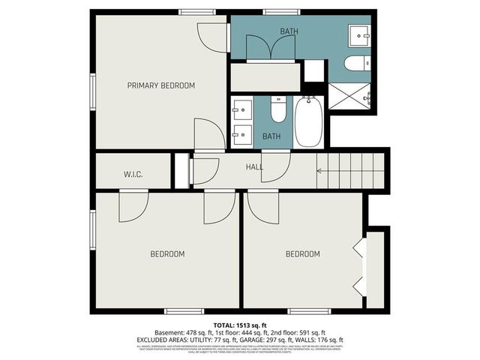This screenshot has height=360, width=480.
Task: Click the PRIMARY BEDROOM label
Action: tap(160, 85)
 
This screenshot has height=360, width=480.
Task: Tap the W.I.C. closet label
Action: tap(133, 175)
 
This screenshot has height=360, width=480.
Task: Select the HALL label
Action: tap(254, 166)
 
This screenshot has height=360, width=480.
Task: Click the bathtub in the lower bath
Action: tap(309, 121)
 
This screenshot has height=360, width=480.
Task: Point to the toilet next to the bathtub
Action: tap(277, 110)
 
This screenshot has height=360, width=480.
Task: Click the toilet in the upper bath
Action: tap(355, 63)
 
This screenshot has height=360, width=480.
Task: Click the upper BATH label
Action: tap(289, 31)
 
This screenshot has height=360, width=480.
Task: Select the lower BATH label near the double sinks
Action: tap(271, 136)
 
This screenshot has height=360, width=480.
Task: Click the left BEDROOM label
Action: tap(167, 254)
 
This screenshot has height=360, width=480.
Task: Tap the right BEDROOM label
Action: tap(302, 254)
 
